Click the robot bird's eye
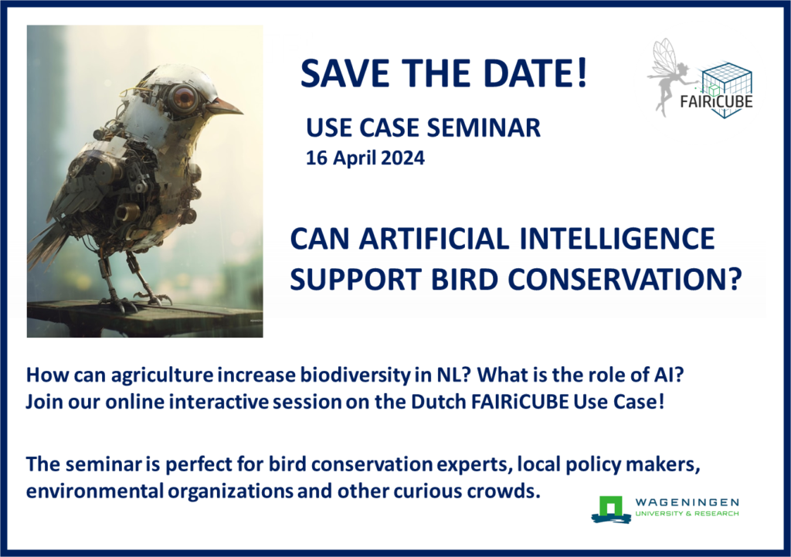coord(184,97)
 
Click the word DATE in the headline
coord(536,73)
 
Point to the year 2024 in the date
coord(402,158)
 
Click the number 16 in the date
coord(316,158)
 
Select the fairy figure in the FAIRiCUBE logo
coord(669,76)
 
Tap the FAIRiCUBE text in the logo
coord(716,101)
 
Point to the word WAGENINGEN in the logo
coord(687,502)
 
